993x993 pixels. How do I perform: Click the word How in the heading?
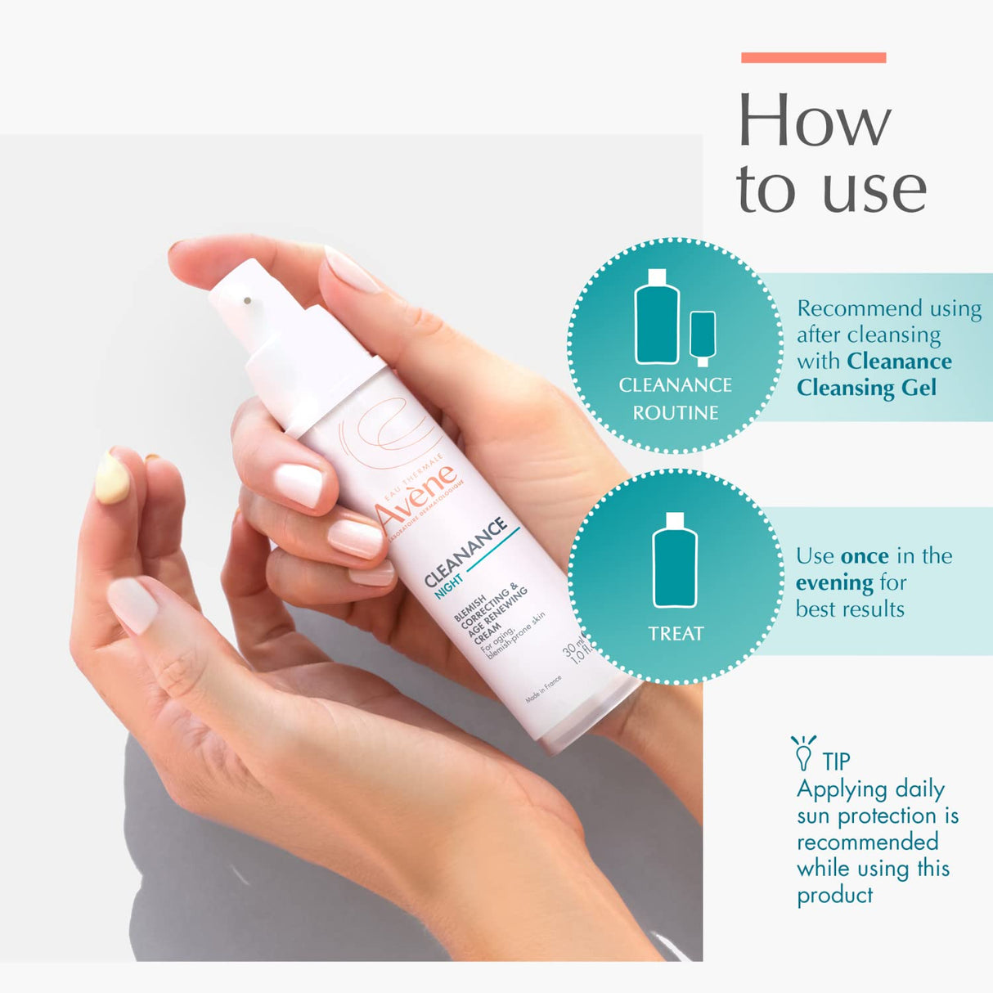pos(814,121)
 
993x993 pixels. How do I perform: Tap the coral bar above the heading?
pos(813,57)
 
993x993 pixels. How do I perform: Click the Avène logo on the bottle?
pos(416,494)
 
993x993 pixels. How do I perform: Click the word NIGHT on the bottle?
pos(448,586)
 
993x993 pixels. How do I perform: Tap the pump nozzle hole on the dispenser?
pos(247,301)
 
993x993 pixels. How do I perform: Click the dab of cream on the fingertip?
pos(112,478)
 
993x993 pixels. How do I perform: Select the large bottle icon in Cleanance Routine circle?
pos(657,317)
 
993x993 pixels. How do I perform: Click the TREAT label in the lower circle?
pos(676,634)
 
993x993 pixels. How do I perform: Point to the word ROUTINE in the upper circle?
pos(676,413)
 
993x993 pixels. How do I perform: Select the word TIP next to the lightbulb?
pos(836,762)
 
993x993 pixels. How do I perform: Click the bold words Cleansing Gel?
pos(866,388)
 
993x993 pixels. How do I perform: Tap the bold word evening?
pos(834,583)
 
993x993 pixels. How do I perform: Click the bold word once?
pos(865,556)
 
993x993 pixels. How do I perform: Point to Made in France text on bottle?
pos(544,690)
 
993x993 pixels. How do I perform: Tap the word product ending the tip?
pos(834,896)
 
